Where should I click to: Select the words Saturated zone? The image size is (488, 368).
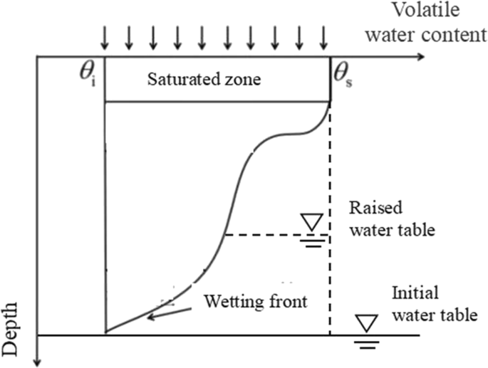tap(204, 79)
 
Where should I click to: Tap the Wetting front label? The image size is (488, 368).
tap(254, 300)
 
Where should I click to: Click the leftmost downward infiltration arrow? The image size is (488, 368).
tap(105, 35)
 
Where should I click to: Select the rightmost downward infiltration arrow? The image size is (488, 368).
tap(324, 35)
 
